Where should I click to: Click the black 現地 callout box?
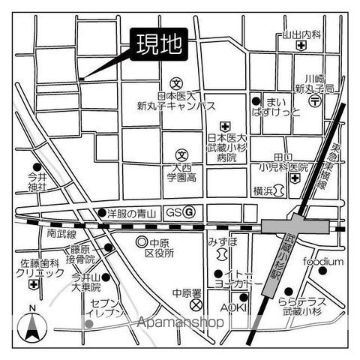pos(158,46)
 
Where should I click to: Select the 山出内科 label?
pos(301,34)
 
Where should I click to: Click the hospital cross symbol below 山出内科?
pos(301,46)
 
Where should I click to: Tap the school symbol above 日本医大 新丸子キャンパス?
pos(176,83)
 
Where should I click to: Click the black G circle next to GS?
pos(190,212)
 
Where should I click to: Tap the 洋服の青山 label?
pos(130,213)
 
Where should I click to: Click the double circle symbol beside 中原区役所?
pos(142,242)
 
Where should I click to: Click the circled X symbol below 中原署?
pos(196,306)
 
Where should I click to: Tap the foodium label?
pos(323,261)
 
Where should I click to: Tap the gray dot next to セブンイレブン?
pos(88,324)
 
